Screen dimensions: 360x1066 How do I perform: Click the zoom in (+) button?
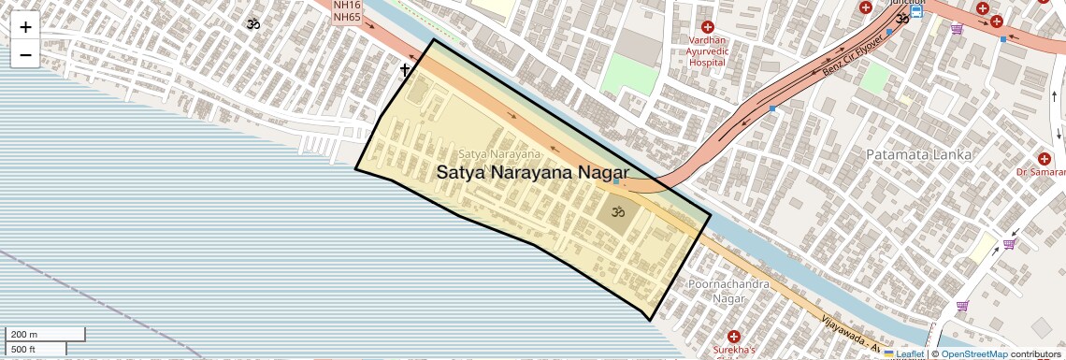click(x=25, y=27)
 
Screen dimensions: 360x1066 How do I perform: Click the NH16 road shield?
click(x=347, y=5)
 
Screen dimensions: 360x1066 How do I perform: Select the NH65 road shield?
click(x=347, y=17)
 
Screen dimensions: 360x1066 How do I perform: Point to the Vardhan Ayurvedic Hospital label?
click(x=707, y=51)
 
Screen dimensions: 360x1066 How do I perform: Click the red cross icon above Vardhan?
click(x=707, y=27)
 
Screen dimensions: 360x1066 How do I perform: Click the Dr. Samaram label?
click(x=1042, y=173)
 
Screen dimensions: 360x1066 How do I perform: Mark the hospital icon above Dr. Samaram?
click(x=1044, y=158)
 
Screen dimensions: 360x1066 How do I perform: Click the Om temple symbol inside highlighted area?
click(x=616, y=212)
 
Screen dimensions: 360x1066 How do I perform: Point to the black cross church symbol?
click(x=405, y=69)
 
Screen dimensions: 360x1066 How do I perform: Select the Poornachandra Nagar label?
click(x=728, y=290)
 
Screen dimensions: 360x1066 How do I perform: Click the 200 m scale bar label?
click(x=24, y=334)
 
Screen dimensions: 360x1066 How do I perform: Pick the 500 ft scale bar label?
click(x=24, y=349)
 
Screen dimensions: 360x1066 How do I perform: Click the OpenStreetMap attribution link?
click(x=973, y=354)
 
